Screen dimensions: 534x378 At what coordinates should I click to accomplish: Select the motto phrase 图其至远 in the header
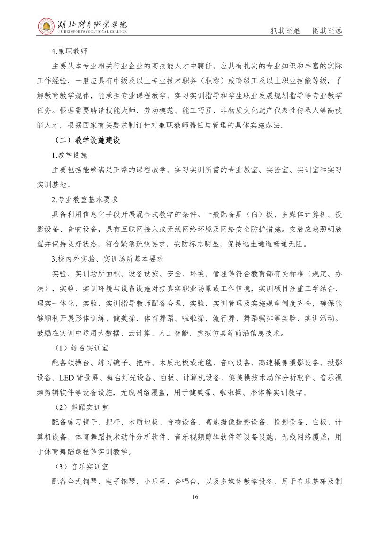(x=327, y=31)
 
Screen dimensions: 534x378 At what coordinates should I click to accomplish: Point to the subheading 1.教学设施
(x=70, y=154)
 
